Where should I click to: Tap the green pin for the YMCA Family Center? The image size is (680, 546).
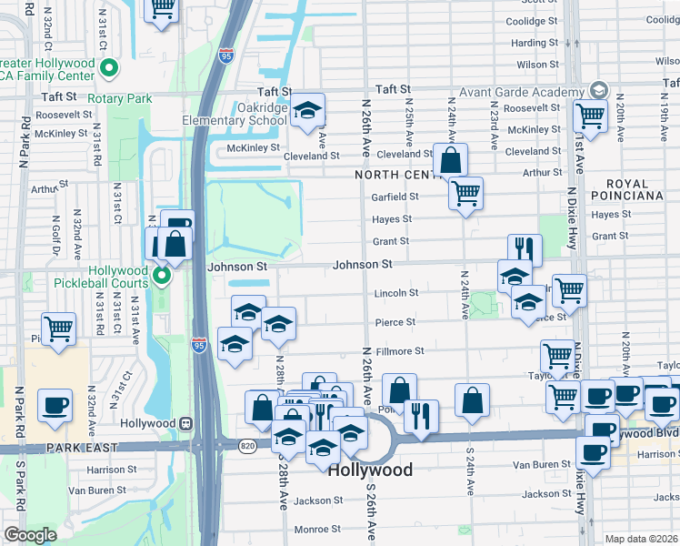(108, 67)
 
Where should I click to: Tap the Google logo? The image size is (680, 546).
(30, 534)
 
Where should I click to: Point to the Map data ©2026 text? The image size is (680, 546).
(641, 539)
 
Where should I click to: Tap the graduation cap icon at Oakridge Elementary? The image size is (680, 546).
(308, 110)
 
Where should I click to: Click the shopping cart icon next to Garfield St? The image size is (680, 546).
(465, 191)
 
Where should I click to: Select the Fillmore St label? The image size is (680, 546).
(400, 351)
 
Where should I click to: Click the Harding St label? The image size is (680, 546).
(534, 43)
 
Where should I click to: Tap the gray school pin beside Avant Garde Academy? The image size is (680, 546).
(598, 90)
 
